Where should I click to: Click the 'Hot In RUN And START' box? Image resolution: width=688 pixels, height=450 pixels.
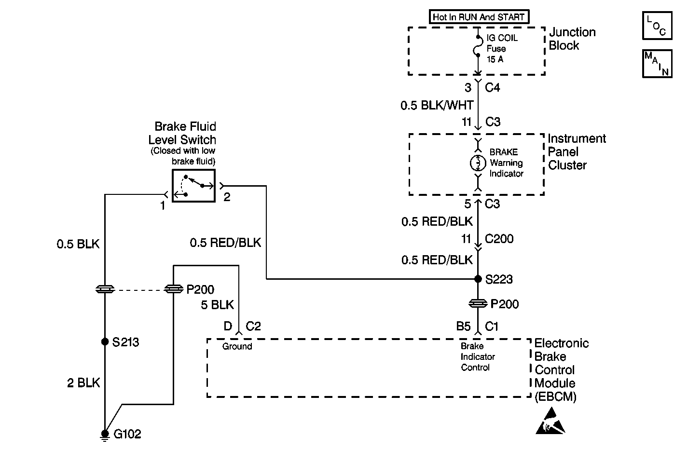click(x=479, y=17)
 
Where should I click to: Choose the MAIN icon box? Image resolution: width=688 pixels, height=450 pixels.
click(x=657, y=63)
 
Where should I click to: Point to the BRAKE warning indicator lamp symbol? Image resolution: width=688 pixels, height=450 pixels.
click(x=478, y=164)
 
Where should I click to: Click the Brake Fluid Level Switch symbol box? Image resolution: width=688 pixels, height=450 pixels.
click(x=193, y=186)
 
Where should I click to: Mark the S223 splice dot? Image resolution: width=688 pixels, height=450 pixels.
click(x=478, y=279)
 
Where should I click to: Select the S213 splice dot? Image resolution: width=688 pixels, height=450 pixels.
click(x=105, y=341)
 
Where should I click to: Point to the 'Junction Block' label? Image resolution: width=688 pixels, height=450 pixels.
click(x=572, y=39)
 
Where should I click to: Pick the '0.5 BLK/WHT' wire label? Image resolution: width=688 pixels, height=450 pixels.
click(x=437, y=105)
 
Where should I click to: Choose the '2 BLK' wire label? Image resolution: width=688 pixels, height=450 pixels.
click(x=83, y=383)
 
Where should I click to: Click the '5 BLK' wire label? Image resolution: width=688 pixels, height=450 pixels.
click(x=217, y=305)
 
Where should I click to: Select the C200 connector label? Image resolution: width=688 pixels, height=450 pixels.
click(x=499, y=239)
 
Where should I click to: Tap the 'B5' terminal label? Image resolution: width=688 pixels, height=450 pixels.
click(x=463, y=327)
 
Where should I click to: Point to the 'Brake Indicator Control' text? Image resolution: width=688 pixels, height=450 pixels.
click(x=478, y=357)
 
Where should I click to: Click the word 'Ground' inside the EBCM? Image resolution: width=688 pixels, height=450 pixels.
click(x=237, y=346)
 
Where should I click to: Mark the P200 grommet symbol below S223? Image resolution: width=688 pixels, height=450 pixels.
click(x=478, y=303)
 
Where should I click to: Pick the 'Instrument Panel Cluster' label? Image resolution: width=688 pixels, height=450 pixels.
click(x=576, y=152)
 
